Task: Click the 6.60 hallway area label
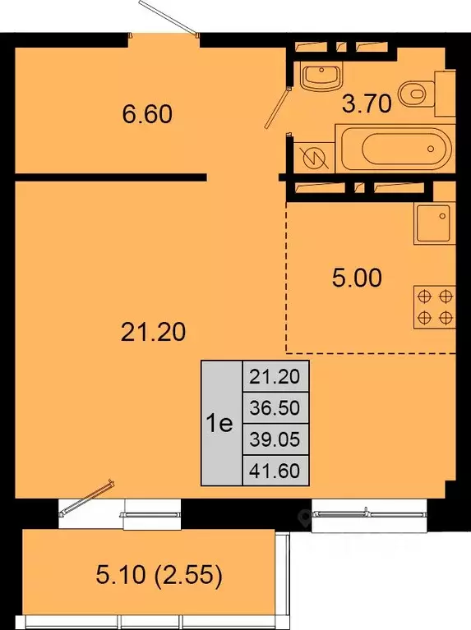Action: pos(147,113)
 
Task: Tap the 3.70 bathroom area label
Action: pos(367,103)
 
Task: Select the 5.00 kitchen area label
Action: pos(357,278)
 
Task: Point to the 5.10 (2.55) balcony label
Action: pos(159,575)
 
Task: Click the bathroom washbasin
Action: pos(321,76)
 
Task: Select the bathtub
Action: pos(396,148)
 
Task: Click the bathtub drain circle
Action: pos(432,149)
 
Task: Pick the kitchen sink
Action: pos(434,223)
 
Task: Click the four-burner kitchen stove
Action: pos(435,307)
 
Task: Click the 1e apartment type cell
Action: pos(222,423)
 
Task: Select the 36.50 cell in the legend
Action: pos(275,407)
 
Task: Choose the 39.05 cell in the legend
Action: pos(275,439)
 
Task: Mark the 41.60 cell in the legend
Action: pos(275,470)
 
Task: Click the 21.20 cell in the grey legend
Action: pos(275,376)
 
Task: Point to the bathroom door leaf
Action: pos(277,108)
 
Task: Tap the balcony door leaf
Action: pos(86,497)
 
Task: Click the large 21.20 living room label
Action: pos(153,333)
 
